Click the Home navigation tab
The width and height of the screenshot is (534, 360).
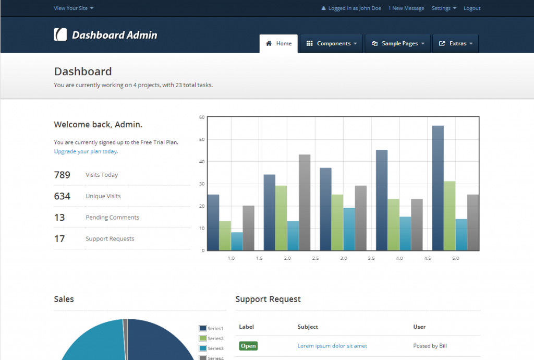pos(278,44)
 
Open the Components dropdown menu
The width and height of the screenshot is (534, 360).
pos(331,44)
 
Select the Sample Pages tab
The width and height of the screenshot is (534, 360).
pos(398,44)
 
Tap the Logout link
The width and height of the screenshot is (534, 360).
pos(472,8)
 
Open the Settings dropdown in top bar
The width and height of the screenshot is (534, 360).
pos(444,8)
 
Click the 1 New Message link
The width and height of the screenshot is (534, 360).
pos(406,8)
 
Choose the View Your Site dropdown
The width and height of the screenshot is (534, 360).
pos(74,8)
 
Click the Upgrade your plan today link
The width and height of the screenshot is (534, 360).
pos(86,152)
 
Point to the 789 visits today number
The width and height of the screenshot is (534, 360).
pos(62,175)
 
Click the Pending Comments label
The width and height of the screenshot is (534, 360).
pos(112,218)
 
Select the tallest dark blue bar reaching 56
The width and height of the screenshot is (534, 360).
pos(438,188)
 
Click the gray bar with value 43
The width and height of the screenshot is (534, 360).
pos(305,202)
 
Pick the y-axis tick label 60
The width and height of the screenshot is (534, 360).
pos(202,117)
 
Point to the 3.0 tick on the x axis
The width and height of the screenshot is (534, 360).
pos(344,258)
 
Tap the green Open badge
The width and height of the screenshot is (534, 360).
pos(248,346)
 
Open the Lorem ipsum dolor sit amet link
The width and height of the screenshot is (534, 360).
pos(332,346)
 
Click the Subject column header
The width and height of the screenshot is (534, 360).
pos(308,327)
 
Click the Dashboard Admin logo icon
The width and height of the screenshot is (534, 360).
pos(60,35)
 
